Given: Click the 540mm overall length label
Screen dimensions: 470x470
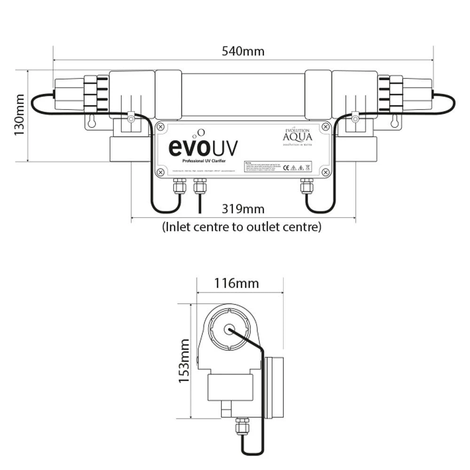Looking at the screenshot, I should [x=243, y=51].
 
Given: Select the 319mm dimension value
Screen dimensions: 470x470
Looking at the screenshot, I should [x=243, y=209].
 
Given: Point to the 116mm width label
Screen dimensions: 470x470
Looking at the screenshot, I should [x=236, y=283].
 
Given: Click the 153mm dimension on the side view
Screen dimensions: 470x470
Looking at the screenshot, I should [x=184, y=360].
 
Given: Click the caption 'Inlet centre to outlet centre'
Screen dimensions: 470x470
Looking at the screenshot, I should [x=242, y=227].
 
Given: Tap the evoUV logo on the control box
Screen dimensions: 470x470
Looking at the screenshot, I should [x=203, y=147].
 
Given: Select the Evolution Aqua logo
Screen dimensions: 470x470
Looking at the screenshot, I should [x=296, y=137].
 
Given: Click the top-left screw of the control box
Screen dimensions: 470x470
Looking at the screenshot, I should [x=160, y=126].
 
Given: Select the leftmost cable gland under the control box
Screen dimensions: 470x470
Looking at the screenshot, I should [x=179, y=186].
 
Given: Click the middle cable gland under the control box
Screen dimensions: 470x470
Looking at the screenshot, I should [x=199, y=186].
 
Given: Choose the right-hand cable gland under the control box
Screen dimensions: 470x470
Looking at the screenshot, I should [x=306, y=186].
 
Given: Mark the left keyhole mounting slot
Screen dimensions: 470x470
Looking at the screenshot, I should [x=92, y=121].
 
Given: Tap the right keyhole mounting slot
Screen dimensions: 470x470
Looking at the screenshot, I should [x=395, y=121].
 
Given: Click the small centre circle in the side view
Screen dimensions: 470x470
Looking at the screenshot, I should [x=229, y=329].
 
